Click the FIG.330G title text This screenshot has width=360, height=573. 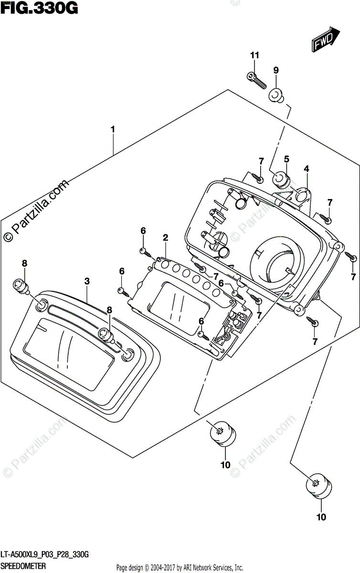39,9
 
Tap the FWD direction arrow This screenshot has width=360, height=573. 326,40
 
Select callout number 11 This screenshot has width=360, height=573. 254,56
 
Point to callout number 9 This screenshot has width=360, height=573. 275,71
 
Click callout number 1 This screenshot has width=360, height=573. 113,129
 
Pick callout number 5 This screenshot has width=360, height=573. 286,159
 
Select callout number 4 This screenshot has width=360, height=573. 306,169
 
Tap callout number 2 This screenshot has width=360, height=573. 165,237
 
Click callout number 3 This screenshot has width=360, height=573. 87,282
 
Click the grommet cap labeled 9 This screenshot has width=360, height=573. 275,95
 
